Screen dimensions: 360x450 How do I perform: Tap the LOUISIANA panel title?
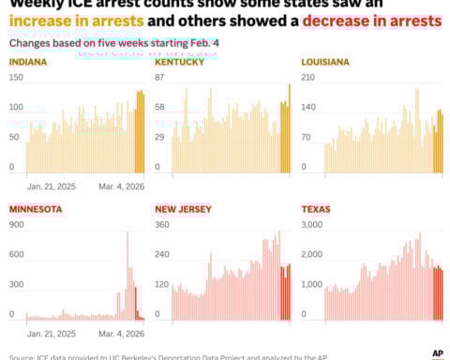325,62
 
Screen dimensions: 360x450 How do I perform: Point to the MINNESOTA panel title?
36,209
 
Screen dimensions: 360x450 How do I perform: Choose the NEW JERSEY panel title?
183,209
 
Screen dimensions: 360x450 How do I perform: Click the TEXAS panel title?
317,209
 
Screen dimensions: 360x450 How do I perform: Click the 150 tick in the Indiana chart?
16,77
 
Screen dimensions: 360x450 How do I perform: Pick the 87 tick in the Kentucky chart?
160,77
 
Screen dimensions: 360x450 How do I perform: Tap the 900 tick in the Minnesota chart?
17,225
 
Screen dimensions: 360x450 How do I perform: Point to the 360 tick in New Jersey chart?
162,225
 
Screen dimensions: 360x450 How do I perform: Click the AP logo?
437,352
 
